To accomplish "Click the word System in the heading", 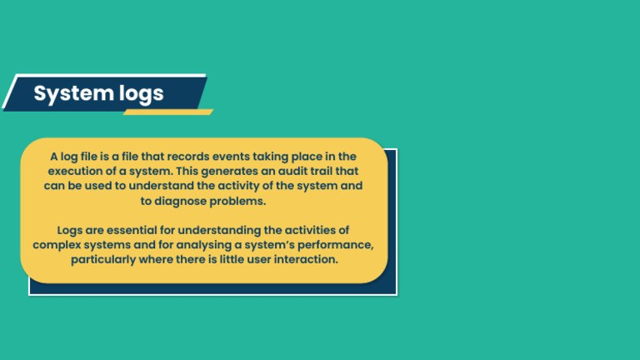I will tap(69, 93).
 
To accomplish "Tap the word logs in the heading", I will tap(136, 95).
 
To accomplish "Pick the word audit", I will tap(302, 171).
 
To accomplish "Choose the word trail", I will tap(337, 171).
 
